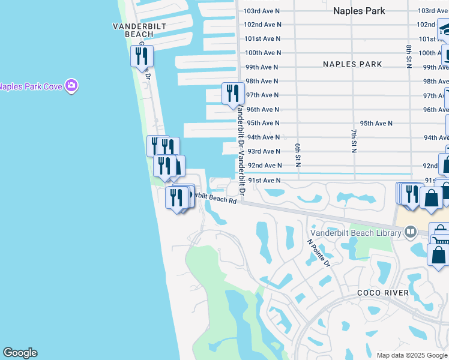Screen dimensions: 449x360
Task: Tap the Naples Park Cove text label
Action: (x=31, y=86)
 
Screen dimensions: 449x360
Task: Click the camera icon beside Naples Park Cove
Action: (x=72, y=86)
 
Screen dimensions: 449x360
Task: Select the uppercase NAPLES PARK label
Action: (x=352, y=64)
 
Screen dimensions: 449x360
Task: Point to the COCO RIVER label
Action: (x=382, y=293)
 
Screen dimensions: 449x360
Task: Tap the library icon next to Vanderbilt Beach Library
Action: (x=411, y=231)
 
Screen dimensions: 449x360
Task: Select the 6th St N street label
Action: (x=298, y=155)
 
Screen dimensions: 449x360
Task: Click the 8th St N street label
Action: (x=408, y=56)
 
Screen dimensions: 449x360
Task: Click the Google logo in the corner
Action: (x=20, y=353)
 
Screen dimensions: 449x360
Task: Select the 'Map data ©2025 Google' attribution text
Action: (x=412, y=355)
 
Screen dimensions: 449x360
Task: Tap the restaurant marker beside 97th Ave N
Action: (x=233, y=94)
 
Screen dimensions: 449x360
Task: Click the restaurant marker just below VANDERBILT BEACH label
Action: (x=142, y=56)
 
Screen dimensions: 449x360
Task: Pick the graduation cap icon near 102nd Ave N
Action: (x=443, y=28)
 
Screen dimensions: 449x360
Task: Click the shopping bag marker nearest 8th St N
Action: (x=431, y=197)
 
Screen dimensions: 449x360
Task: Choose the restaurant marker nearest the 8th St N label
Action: (x=412, y=193)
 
